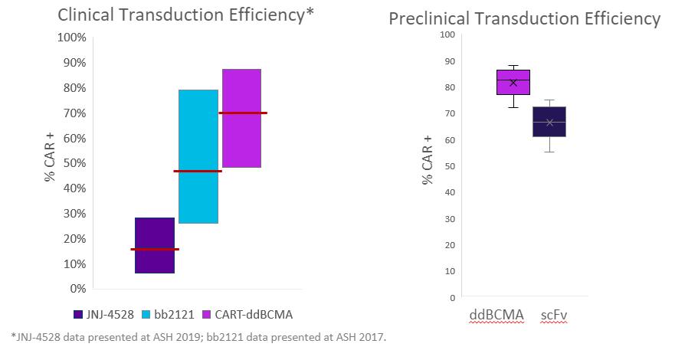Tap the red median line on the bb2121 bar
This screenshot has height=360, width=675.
tap(198, 171)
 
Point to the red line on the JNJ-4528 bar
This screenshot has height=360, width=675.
tap(155, 249)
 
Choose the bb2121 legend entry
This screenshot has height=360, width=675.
tap(169, 314)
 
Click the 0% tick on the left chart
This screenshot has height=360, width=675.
tap(77, 288)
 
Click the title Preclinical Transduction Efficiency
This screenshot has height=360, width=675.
tap(524, 18)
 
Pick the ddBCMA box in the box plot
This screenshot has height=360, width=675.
tap(513, 82)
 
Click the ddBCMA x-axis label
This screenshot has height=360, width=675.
tap(497, 315)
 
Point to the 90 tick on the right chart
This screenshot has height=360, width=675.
tap(449, 61)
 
